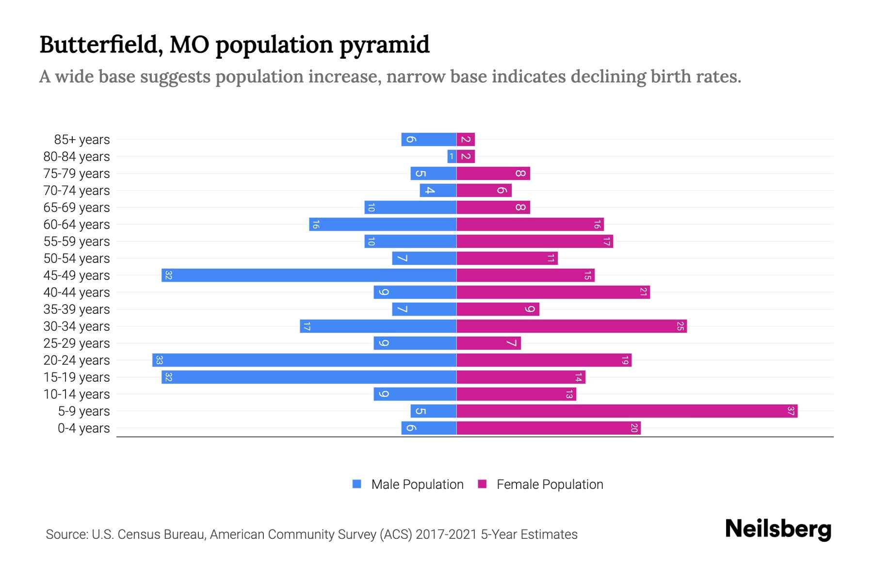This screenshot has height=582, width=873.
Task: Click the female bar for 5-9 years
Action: pyautogui.click(x=627, y=411)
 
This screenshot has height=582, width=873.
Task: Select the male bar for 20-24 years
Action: pyautogui.click(x=304, y=360)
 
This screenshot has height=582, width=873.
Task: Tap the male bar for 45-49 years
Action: pyautogui.click(x=309, y=275)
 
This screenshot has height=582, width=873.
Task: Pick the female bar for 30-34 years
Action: pyautogui.click(x=571, y=326)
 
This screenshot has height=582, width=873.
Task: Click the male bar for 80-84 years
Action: pyautogui.click(x=452, y=157)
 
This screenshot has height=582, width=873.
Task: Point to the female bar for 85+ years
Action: pyautogui.click(x=466, y=140)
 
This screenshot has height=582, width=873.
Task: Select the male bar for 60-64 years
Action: pyautogui.click(x=383, y=225)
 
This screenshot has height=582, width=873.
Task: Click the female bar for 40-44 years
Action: pyautogui.click(x=553, y=292)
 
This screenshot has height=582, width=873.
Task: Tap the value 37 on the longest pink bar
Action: pyautogui.click(x=791, y=411)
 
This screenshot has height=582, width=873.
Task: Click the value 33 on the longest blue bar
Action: pyautogui.click(x=159, y=360)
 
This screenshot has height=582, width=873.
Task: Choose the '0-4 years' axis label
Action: pyautogui.click(x=83, y=428)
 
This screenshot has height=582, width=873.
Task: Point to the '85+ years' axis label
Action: pyautogui.click(x=81, y=140)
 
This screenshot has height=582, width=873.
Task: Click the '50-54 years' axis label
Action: pyautogui.click(x=77, y=259)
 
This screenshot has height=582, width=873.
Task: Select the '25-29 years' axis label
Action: pyautogui.click(x=77, y=343)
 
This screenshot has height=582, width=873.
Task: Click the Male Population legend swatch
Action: pyautogui.click(x=357, y=484)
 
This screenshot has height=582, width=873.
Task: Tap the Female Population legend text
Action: pyautogui.click(x=550, y=484)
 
